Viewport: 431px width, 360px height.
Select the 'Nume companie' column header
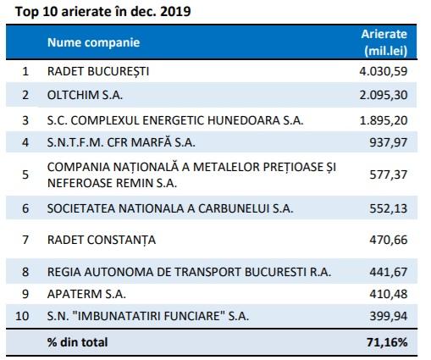(x=93, y=42)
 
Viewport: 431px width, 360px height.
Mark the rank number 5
(x=25, y=174)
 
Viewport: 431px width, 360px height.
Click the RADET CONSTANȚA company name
(x=102, y=240)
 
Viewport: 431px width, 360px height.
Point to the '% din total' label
(x=78, y=343)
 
